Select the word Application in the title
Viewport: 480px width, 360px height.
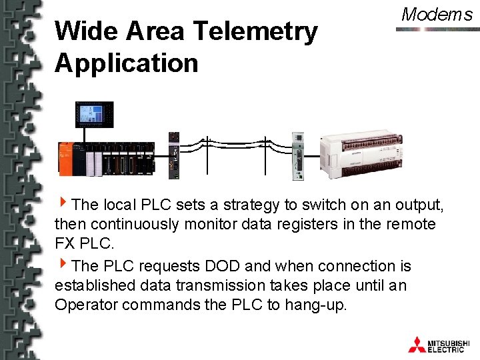(127, 63)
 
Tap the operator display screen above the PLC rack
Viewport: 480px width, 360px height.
(94, 114)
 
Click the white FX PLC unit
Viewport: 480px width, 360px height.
(361, 153)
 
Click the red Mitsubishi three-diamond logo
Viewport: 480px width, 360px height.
(417, 344)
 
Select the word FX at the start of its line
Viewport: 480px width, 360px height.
(65, 245)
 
